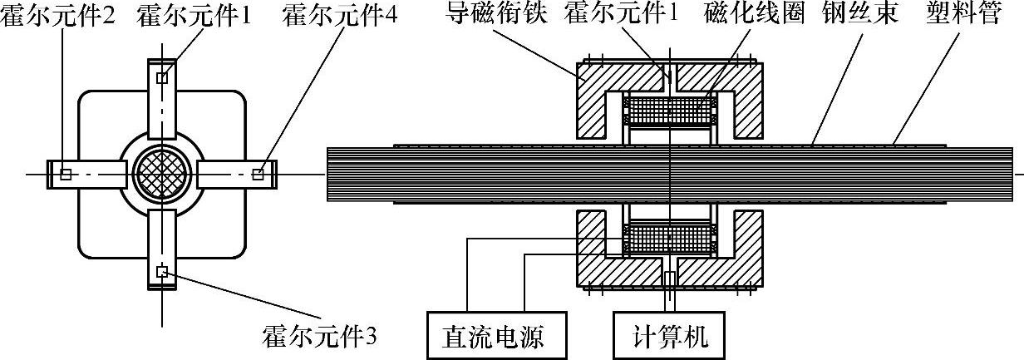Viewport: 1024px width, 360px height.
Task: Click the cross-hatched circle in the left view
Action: pos(162,172)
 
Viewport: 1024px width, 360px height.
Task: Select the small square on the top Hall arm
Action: pos(162,77)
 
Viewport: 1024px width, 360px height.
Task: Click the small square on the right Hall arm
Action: pos(258,174)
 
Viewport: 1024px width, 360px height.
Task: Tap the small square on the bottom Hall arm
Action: pos(162,271)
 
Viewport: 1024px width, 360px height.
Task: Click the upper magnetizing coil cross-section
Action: pos(669,109)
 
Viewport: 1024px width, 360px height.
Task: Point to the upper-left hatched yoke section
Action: pos(598,96)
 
